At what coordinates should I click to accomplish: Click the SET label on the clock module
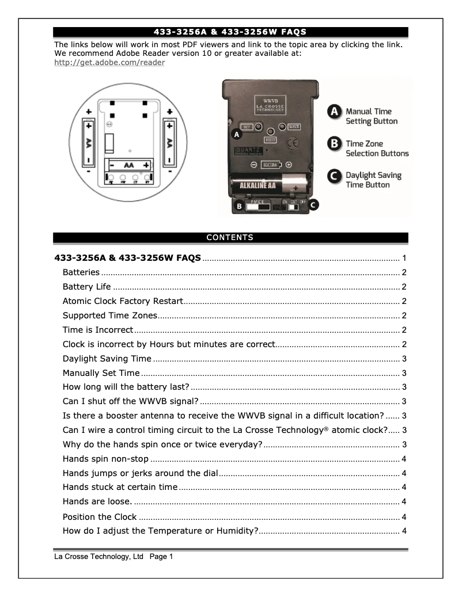point(245,127)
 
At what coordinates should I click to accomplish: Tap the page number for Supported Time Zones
point(405,315)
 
